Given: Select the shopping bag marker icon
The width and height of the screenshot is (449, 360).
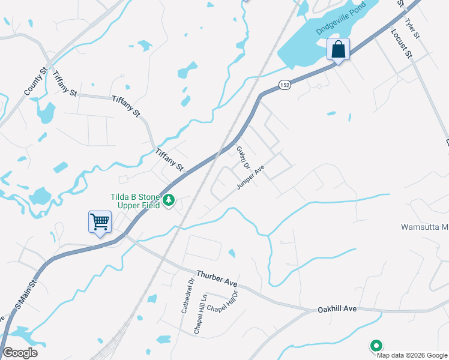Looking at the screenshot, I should coord(338,49).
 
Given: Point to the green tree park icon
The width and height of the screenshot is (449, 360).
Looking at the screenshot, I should coord(170,200).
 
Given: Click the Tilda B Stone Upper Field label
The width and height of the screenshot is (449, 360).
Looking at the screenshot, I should coord(134,201).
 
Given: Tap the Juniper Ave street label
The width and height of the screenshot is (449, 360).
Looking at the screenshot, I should coord(250,178).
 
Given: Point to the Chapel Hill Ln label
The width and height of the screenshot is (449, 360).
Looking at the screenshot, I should coord(199,313).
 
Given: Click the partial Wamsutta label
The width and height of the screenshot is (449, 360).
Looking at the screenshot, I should coord(424,227).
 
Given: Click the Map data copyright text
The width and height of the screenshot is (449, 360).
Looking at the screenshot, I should coord(411,354).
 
